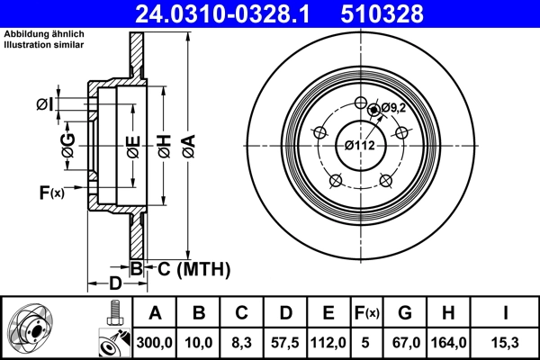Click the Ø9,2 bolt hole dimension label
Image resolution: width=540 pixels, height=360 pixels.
395,108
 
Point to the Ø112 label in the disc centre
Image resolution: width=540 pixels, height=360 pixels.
359,144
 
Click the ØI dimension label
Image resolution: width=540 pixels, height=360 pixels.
44,106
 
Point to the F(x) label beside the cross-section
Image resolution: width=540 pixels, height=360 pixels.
51,192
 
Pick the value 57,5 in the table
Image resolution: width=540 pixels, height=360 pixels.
284,343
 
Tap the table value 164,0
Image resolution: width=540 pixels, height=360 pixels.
448,343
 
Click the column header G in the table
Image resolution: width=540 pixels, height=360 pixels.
404,314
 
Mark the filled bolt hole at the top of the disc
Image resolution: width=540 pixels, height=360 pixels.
373,110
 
